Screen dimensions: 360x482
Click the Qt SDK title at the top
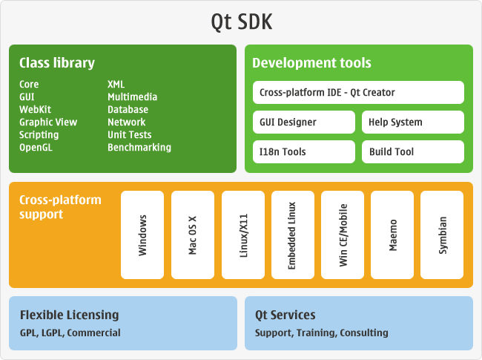coord(241,22)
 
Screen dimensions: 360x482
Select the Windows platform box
coord(142,235)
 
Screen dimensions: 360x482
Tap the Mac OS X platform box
coord(193,235)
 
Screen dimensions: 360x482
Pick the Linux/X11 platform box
coord(243,235)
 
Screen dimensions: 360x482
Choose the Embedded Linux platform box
coord(293,235)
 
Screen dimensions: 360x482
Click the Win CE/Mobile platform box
coord(343,235)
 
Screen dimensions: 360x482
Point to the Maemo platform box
coord(392,235)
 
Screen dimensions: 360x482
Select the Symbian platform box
coord(442,235)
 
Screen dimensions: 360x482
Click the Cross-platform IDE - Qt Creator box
coord(358,93)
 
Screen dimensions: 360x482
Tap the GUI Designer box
coord(303,122)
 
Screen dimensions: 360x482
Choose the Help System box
coord(413,122)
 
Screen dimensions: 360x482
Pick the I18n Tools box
coord(303,152)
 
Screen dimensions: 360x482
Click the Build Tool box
coord(413,152)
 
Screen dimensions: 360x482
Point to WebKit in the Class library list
coord(35,110)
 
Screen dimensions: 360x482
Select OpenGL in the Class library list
coord(36,148)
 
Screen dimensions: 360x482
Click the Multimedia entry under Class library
coord(132,97)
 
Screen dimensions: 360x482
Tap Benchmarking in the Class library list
coord(139,148)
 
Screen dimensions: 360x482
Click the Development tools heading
coord(311,63)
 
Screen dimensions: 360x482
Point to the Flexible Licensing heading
coord(69,315)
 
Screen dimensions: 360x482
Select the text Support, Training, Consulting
coord(321,333)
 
